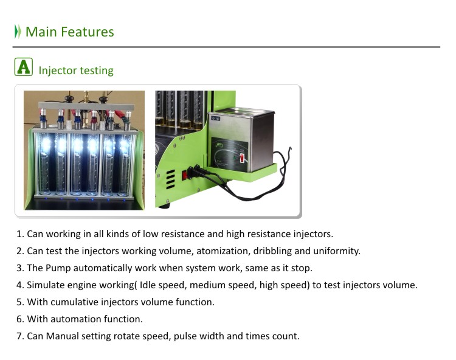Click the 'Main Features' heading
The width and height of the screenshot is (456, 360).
pyautogui.click(x=70, y=32)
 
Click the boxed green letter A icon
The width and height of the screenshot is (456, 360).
pyautogui.click(x=24, y=67)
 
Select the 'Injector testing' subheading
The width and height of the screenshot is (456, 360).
pyautogui.click(x=76, y=71)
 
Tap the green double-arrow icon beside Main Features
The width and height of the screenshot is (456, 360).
pyautogui.click(x=18, y=32)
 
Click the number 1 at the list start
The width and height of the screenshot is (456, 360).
pyautogui.click(x=19, y=234)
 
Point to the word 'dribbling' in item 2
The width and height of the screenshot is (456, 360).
pyautogui.click(x=272, y=251)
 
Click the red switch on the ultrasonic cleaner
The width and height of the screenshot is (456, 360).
pyautogui.click(x=241, y=158)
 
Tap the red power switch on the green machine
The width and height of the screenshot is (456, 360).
pyautogui.click(x=184, y=175)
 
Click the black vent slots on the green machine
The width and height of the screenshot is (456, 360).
pyautogui.click(x=170, y=179)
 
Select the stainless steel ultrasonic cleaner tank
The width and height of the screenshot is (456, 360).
pyautogui.click(x=241, y=140)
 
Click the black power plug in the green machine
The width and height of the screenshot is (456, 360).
pyautogui.click(x=194, y=171)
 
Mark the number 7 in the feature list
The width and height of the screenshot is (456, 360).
pyautogui.click(x=19, y=336)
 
